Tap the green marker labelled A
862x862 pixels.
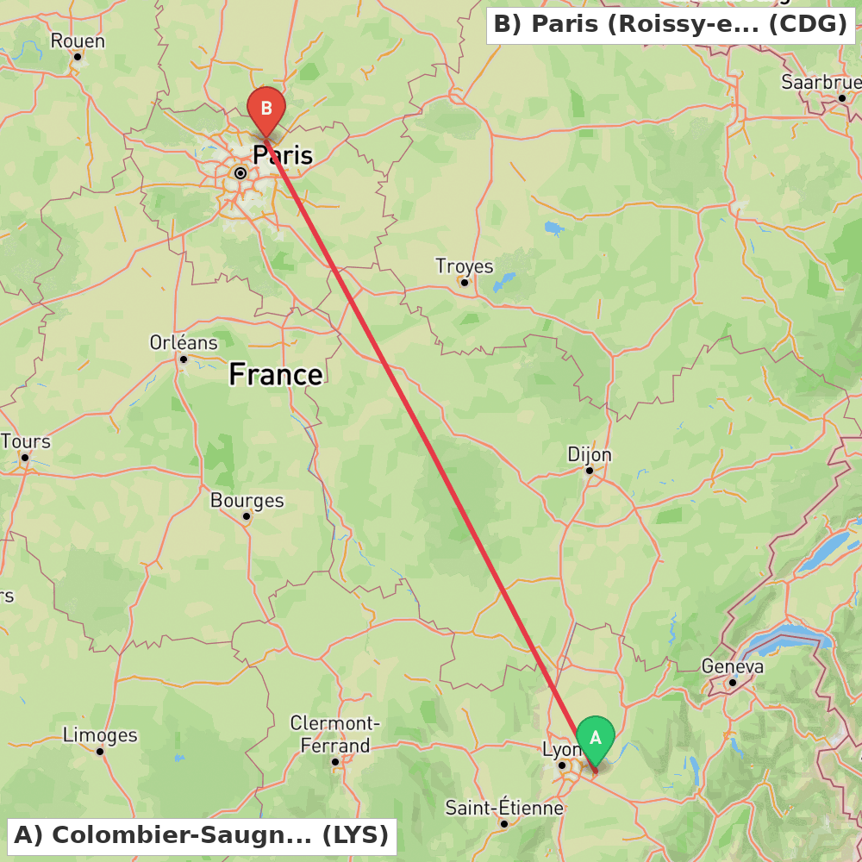click(x=595, y=739)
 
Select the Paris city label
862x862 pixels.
click(x=283, y=155)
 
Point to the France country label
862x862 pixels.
click(x=276, y=374)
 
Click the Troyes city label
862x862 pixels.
click(x=464, y=265)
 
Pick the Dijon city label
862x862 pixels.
click(x=590, y=454)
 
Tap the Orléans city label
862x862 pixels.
click(x=184, y=342)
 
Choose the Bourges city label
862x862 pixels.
click(x=247, y=500)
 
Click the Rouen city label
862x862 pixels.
click(x=78, y=41)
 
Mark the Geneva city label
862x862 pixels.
click(x=733, y=666)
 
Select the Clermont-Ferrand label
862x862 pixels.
click(x=335, y=734)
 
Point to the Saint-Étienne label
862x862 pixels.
click(x=504, y=808)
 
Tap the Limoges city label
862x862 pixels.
click(x=100, y=735)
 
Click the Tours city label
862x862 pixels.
click(x=25, y=441)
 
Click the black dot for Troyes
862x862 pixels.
click(x=465, y=282)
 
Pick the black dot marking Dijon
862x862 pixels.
click(x=590, y=471)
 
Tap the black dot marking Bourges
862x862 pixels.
click(x=247, y=516)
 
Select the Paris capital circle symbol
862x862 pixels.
click(x=240, y=173)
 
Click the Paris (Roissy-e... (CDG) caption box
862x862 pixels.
click(x=671, y=25)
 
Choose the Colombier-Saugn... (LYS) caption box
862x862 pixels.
click(x=202, y=835)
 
